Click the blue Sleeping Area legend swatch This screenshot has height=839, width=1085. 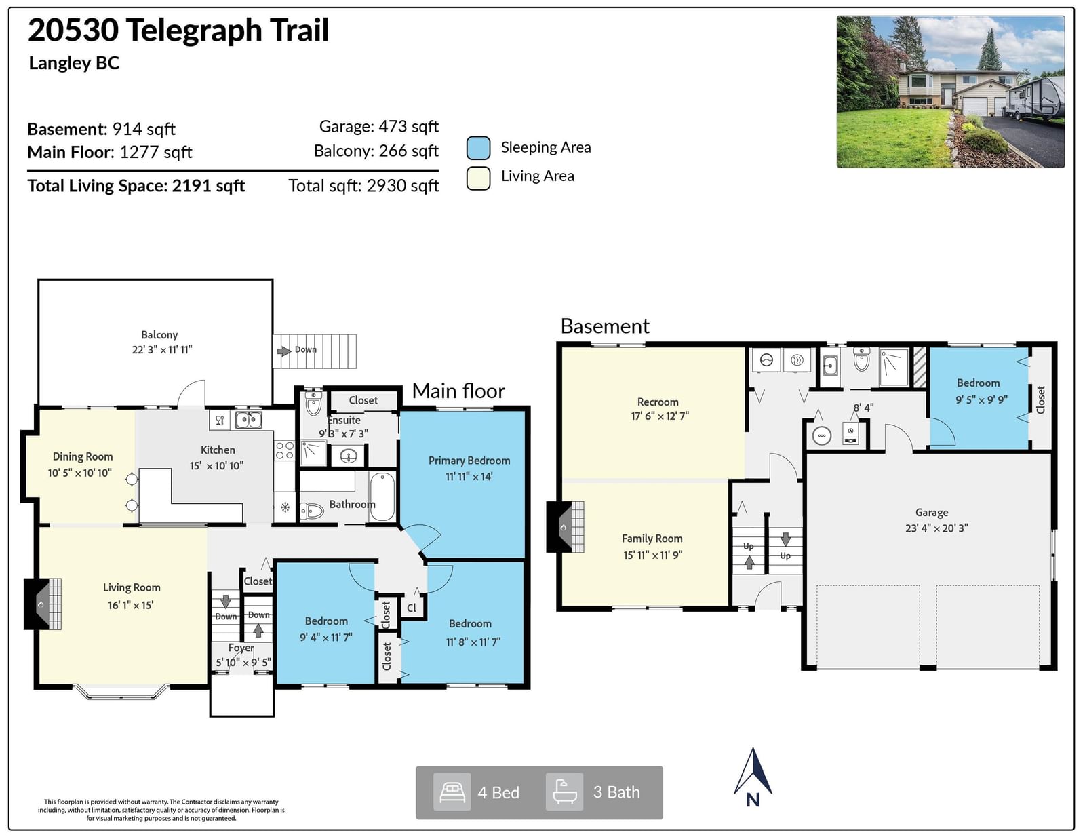click(x=478, y=148)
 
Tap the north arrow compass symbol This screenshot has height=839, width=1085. click(x=753, y=777)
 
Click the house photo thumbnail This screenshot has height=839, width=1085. click(x=950, y=92)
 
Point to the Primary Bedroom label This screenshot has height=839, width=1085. click(x=469, y=461)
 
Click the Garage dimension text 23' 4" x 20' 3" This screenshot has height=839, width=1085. click(x=936, y=528)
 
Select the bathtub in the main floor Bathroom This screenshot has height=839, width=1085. click(x=382, y=497)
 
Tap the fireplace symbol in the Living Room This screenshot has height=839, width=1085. click(x=43, y=604)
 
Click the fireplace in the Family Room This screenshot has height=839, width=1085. click(x=566, y=527)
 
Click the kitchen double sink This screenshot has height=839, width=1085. click(x=248, y=420)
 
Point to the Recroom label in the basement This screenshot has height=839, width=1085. click(x=658, y=402)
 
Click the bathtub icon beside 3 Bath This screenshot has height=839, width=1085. click(x=564, y=792)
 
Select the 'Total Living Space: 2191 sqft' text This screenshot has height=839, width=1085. click(x=136, y=186)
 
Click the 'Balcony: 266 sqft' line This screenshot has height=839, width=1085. click(x=376, y=151)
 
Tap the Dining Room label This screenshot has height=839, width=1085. click(x=83, y=456)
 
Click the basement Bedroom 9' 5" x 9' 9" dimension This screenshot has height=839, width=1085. click(x=982, y=399)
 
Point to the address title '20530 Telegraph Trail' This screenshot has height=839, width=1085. click(x=178, y=30)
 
